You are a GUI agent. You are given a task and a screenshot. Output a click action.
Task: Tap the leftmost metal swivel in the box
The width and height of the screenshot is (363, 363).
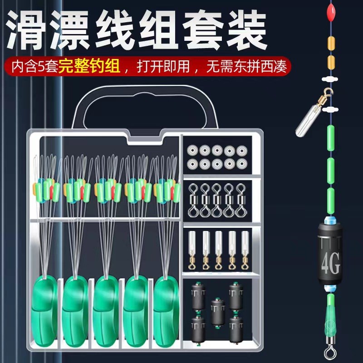(x=193, y=200)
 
